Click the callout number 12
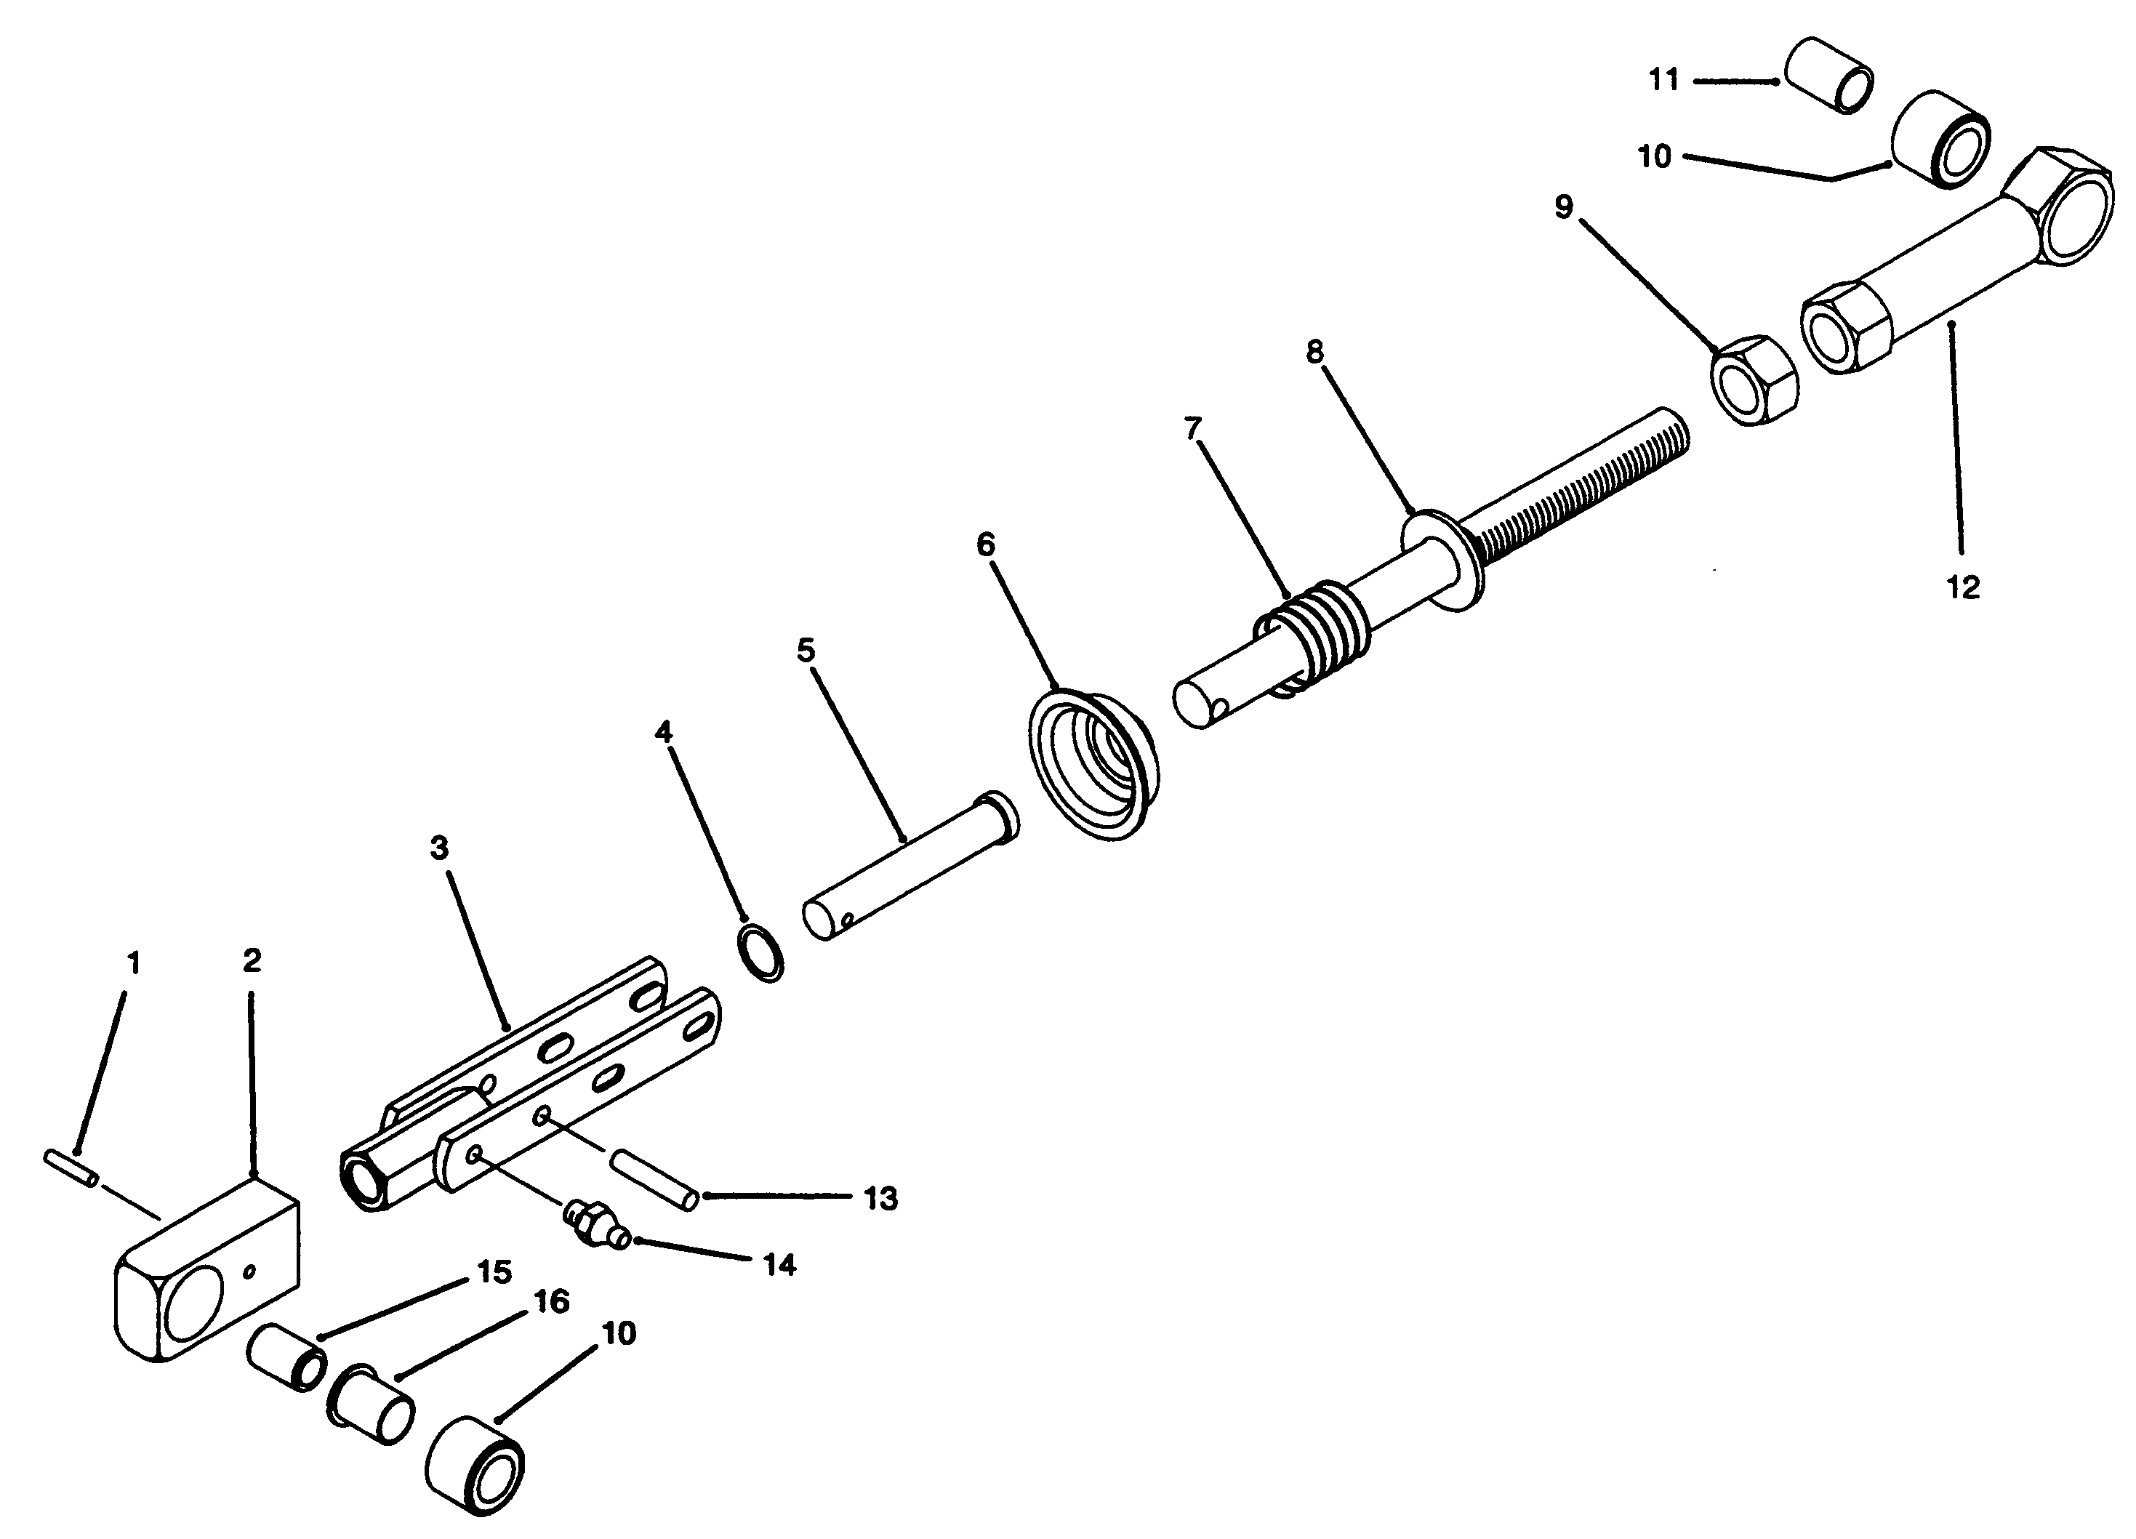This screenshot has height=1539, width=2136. (1963, 587)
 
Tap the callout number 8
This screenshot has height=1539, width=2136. (1314, 353)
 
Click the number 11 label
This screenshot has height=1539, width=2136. (1664, 80)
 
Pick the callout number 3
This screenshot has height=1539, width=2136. (439, 848)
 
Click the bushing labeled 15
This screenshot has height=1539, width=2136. (287, 1357)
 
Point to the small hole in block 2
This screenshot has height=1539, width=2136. (249, 1271)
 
